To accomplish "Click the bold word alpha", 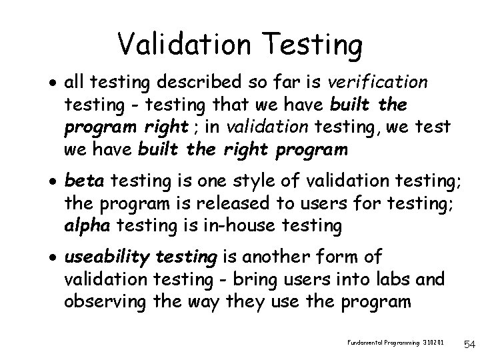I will tap(88, 226).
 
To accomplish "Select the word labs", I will tap(395, 279).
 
